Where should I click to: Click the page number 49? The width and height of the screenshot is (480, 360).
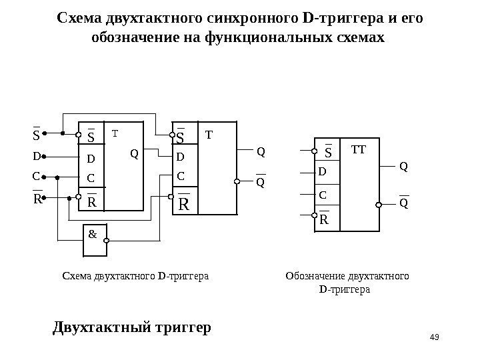coord(437,335)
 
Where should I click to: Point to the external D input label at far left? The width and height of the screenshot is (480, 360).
coord(37,157)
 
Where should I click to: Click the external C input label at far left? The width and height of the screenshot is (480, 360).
coord(37,177)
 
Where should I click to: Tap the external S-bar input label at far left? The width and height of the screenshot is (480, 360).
coord(36,137)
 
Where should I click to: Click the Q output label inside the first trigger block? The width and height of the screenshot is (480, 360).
coord(133,154)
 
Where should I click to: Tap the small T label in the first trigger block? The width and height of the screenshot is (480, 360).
coord(114,133)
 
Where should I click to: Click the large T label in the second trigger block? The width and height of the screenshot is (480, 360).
coord(208,135)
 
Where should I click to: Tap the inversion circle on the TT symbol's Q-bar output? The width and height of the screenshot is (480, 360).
coord(379,205)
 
